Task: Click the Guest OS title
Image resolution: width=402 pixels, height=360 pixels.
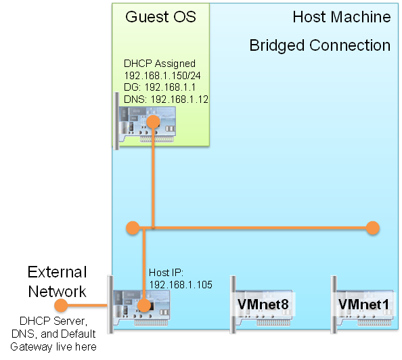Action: coord(160,17)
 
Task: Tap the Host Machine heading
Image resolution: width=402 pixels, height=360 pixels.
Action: coord(342,17)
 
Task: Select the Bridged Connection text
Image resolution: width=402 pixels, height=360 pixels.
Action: coord(320,45)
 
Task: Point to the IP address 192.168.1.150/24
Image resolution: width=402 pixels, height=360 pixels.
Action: coord(162,76)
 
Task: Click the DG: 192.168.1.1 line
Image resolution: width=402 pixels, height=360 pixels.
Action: coord(160,87)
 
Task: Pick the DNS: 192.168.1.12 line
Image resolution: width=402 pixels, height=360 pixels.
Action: coord(166,99)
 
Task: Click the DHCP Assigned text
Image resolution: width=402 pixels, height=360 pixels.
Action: coord(160,64)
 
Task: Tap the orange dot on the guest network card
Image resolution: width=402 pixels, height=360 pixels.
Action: coord(154,121)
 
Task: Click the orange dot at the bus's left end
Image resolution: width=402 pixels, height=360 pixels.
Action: coord(133,227)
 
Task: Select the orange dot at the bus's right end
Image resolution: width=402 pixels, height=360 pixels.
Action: coord(372,227)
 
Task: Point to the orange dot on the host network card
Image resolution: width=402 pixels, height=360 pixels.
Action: coord(144,305)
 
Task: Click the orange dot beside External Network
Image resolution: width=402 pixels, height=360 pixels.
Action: coord(61,305)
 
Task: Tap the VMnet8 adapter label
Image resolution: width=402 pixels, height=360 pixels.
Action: coord(263,305)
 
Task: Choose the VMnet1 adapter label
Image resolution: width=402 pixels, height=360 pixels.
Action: coord(363,305)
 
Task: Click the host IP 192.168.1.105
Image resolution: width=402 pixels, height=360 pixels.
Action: coord(181,285)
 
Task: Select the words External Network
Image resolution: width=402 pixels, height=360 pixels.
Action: coord(57,282)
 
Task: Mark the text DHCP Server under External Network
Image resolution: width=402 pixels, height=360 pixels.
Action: coord(53,321)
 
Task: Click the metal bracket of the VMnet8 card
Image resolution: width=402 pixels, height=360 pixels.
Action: coord(233,305)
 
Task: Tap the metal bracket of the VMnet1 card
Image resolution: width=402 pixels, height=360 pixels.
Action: coord(334,305)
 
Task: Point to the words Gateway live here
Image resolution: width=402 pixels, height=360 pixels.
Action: coord(53,347)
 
